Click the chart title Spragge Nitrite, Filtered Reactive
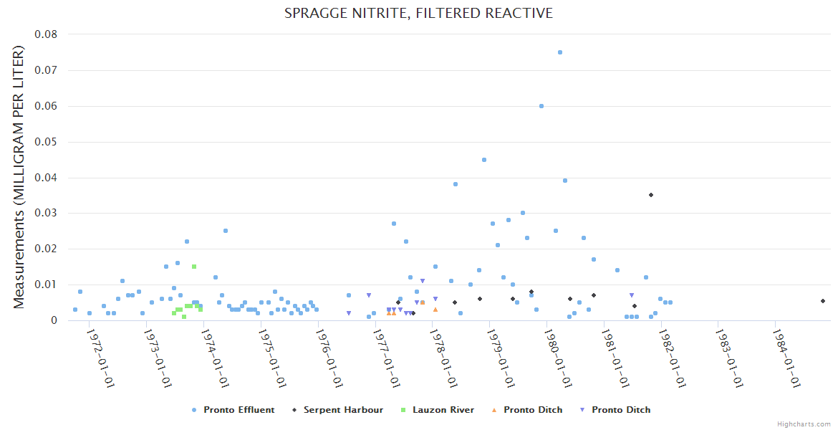click(418, 13)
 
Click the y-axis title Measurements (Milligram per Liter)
click(19, 177)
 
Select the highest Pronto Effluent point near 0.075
click(560, 52)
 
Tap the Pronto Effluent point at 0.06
click(541, 106)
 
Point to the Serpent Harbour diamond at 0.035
click(651, 195)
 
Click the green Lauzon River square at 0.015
click(194, 267)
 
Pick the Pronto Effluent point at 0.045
click(484, 160)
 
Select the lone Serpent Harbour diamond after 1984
click(823, 301)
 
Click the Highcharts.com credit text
click(804, 424)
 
